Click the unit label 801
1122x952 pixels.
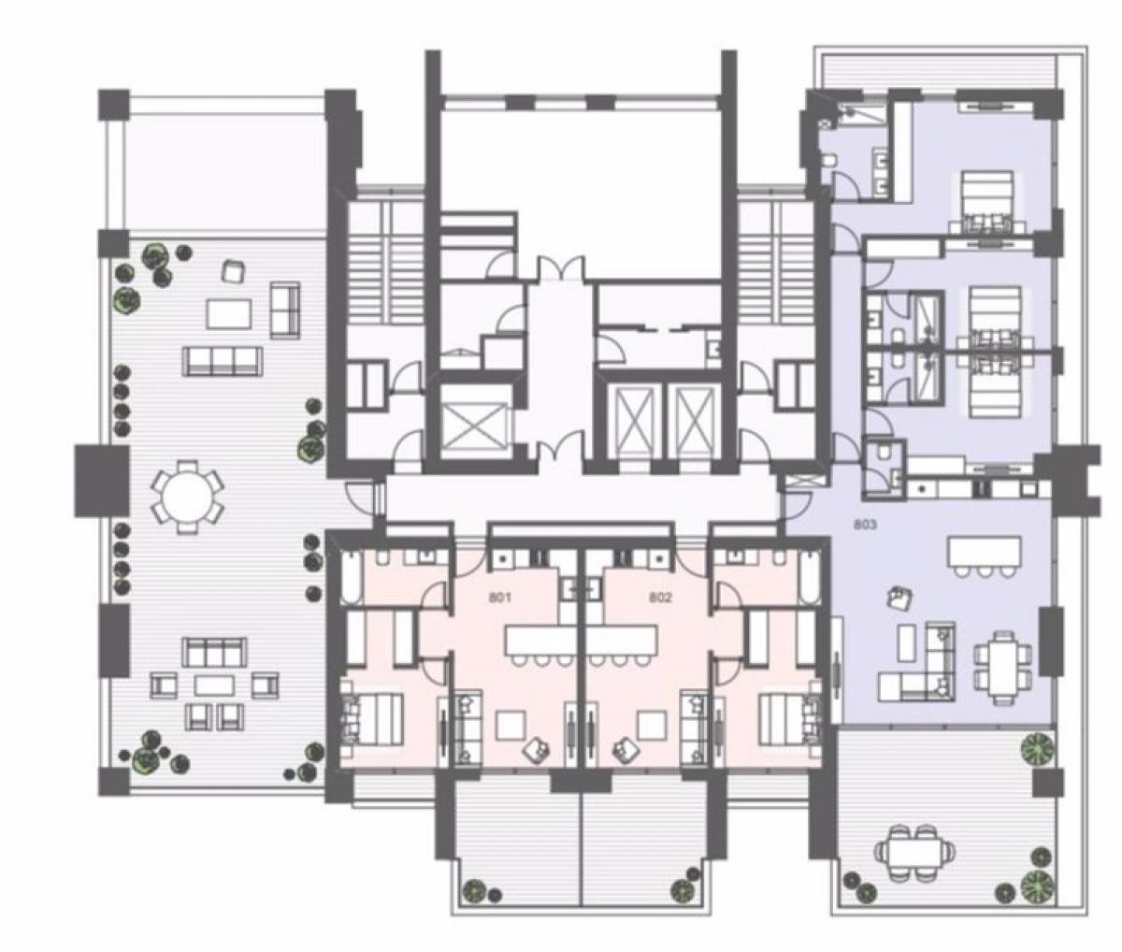(500, 598)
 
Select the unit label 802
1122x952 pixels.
(660, 598)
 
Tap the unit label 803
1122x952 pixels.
(865, 526)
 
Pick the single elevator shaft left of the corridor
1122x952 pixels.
(472, 422)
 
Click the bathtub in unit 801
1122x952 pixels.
(349, 577)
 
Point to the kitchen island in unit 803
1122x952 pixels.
(985, 551)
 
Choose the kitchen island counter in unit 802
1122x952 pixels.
(624, 641)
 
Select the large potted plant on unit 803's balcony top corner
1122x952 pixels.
(1036, 749)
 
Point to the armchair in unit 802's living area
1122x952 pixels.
(625, 751)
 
